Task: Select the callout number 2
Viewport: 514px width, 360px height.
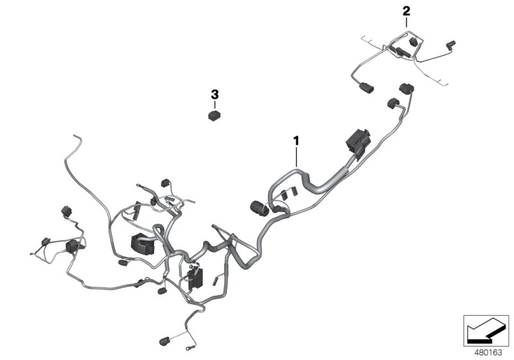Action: tap(405, 10)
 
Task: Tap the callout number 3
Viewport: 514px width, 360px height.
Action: tap(215, 94)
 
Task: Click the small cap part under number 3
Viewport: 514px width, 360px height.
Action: tap(215, 116)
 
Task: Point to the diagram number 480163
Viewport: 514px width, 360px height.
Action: tap(488, 352)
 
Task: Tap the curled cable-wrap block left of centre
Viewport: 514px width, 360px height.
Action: tap(142, 243)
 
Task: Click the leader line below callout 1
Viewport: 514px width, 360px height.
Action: tap(296, 156)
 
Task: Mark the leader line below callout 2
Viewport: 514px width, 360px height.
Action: tap(405, 22)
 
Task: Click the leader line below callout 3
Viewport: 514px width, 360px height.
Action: tap(215, 105)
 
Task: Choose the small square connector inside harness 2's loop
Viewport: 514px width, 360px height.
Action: tap(412, 42)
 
